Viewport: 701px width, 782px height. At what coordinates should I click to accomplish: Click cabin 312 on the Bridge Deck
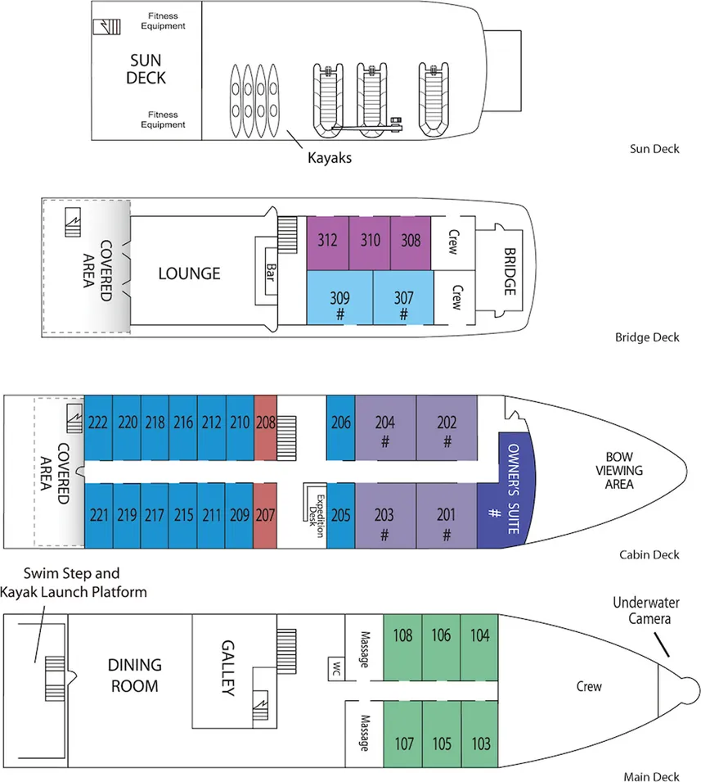(x=327, y=242)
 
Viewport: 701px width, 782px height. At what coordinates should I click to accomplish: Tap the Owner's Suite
(x=505, y=490)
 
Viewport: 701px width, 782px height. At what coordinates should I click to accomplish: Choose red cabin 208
(x=266, y=423)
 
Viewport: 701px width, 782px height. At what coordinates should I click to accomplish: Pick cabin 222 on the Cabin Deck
(x=98, y=423)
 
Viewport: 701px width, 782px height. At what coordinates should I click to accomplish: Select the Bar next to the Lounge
(x=269, y=271)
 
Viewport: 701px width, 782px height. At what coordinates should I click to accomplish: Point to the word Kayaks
(x=329, y=158)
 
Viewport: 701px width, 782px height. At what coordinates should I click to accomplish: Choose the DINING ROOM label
(x=135, y=676)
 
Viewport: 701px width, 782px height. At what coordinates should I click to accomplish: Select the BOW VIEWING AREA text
(x=624, y=471)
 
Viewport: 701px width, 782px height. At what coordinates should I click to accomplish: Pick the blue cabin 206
(x=341, y=423)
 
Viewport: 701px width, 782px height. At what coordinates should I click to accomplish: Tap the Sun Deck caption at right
(x=654, y=149)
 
